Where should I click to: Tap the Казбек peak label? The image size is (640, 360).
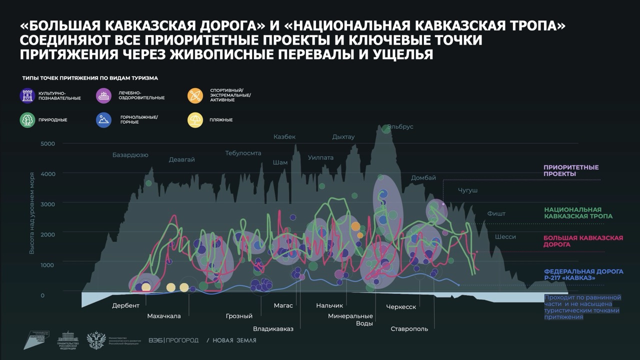point(284,137)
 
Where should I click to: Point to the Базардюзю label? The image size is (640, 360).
point(130,155)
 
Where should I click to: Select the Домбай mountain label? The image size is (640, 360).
point(423,178)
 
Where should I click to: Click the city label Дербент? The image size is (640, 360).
point(126,306)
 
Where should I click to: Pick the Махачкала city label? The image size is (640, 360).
point(164,316)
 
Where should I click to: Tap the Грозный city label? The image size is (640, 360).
point(239,316)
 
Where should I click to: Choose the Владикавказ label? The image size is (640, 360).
point(273,329)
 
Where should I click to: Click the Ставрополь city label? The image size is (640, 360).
point(409,329)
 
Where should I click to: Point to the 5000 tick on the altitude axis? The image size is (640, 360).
point(48,144)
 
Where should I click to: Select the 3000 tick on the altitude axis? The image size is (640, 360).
point(48,204)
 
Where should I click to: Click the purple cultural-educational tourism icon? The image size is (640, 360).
point(27,95)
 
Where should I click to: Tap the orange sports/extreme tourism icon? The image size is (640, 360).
point(195,95)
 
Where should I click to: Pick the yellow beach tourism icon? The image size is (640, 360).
point(195,120)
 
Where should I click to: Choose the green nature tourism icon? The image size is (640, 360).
point(27,120)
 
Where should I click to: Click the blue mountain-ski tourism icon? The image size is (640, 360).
point(103,120)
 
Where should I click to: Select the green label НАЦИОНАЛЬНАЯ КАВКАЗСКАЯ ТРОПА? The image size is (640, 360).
point(578,213)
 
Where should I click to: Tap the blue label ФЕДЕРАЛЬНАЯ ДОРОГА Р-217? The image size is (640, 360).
point(583,274)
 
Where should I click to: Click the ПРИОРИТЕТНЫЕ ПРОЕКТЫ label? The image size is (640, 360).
point(571,170)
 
